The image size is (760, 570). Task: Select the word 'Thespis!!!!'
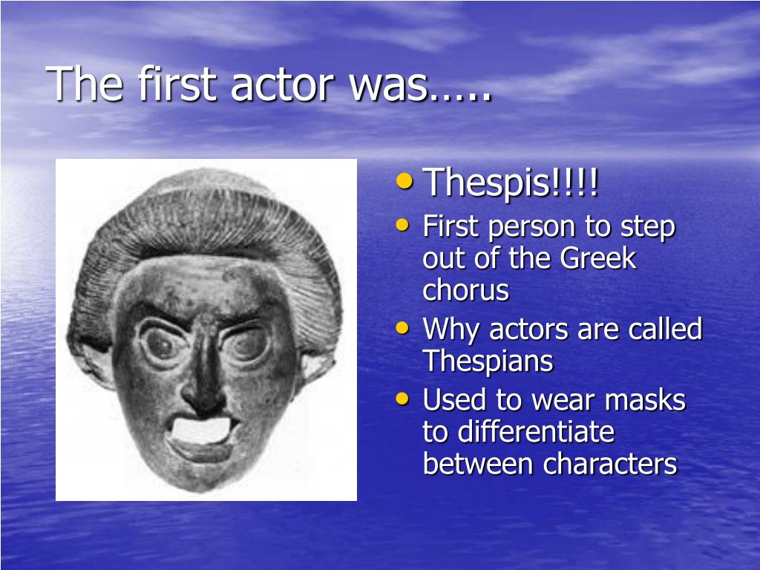(511, 183)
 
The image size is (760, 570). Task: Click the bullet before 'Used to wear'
(403, 398)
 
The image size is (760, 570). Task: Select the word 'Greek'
(598, 259)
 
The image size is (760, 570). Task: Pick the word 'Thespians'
(488, 361)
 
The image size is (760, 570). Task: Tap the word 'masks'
(645, 400)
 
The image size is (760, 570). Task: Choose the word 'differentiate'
(518, 432)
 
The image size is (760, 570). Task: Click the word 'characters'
(610, 465)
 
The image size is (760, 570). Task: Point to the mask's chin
(200, 475)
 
